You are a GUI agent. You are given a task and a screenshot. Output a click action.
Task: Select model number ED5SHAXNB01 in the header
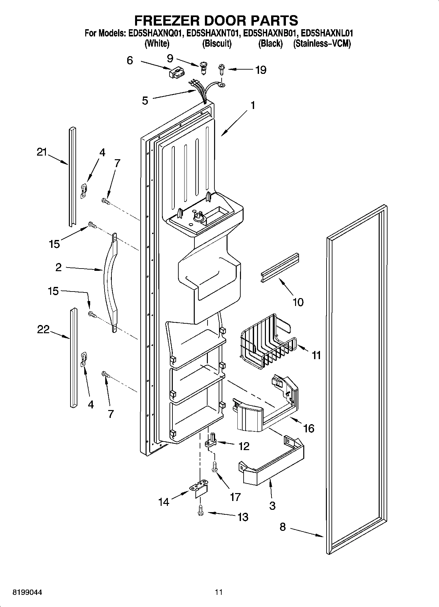point(270,33)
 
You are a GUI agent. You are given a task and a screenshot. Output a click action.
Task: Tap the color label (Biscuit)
point(217,44)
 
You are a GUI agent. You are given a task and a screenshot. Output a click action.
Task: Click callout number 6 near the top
point(130,60)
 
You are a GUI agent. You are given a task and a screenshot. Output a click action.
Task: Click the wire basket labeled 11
point(267,341)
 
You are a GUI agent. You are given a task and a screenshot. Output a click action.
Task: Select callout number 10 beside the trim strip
point(298,302)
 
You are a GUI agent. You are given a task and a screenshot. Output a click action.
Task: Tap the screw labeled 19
point(222,70)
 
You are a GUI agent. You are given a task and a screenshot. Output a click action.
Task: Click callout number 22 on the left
point(43,329)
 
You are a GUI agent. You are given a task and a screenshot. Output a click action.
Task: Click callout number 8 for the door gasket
point(283,527)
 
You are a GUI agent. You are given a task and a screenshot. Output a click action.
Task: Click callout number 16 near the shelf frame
point(309,428)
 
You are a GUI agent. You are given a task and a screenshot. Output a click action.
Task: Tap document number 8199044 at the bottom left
point(27,592)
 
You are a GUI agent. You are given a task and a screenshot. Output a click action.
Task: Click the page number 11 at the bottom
point(219,592)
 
